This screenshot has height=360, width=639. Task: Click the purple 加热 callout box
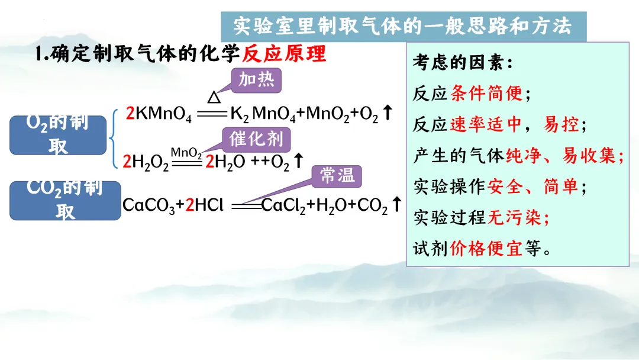point(256,80)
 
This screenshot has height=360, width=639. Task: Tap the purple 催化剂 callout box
point(256,140)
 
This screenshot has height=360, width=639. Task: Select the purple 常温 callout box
point(337,175)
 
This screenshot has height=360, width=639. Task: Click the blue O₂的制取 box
point(58,136)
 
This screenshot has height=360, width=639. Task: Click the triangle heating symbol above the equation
point(214,97)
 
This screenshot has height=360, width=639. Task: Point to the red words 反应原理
point(285,54)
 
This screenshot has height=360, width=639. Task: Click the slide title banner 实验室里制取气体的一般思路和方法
point(402,27)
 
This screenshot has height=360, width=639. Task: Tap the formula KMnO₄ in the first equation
point(163,114)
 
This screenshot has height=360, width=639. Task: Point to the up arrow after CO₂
point(397,204)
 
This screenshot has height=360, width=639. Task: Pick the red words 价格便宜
point(486,248)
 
